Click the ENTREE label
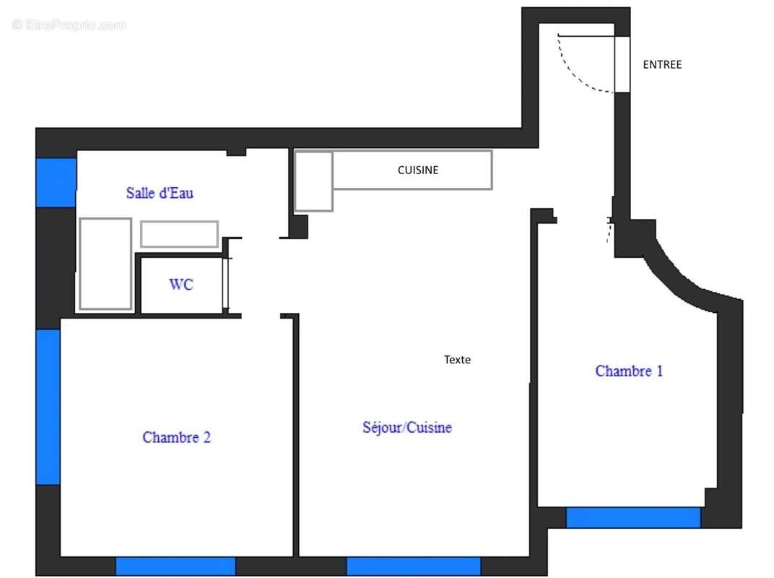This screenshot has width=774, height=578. (662, 64)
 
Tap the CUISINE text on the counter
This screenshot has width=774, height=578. (418, 171)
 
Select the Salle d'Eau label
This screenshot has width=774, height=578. (160, 193)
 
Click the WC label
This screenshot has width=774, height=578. (181, 285)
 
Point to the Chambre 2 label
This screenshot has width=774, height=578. (177, 437)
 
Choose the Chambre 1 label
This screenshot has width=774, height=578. (629, 371)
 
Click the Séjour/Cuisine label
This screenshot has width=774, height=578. (407, 427)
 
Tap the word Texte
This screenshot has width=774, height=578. (457, 359)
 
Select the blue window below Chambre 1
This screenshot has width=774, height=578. (633, 517)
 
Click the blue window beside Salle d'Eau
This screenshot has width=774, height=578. (56, 182)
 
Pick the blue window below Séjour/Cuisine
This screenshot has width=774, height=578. (414, 566)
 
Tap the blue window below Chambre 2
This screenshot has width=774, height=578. (175, 566)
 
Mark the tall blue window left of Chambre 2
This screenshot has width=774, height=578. (48, 407)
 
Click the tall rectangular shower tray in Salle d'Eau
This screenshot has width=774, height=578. (105, 264)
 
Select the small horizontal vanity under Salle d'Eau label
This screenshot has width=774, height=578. (179, 234)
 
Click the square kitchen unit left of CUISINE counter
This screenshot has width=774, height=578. (313, 181)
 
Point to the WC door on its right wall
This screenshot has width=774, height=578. (227, 284)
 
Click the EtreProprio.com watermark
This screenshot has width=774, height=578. (69, 25)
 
